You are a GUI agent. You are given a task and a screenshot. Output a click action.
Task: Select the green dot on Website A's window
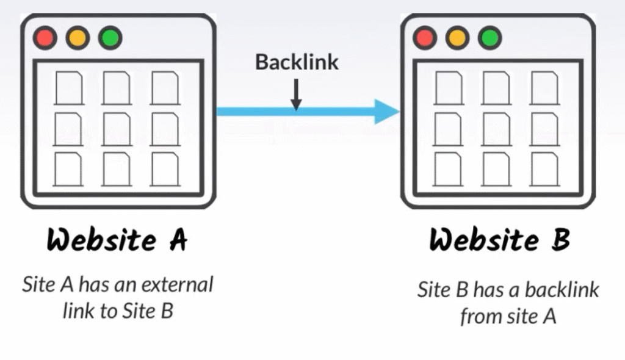[x=110, y=38]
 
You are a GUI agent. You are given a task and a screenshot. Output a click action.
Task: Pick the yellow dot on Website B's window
[x=456, y=38]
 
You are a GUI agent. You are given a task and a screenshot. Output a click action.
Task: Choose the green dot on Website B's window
[x=489, y=38]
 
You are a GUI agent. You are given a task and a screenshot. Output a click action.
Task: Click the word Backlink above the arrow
[x=297, y=62]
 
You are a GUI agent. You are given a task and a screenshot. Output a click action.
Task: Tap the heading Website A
[x=117, y=240]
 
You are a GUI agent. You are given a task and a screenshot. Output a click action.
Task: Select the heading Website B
[x=499, y=240]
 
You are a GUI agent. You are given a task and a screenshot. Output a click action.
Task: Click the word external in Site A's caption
[x=176, y=285]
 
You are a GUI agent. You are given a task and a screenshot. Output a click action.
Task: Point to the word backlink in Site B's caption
[x=562, y=289]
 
